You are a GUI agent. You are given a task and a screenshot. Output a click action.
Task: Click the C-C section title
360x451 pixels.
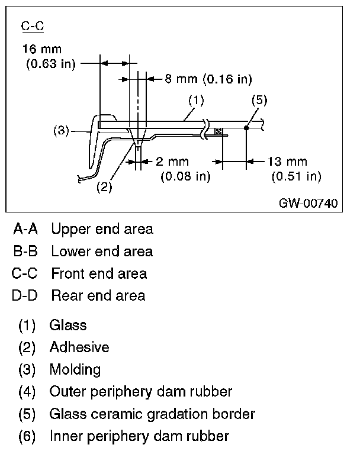click(x=33, y=27)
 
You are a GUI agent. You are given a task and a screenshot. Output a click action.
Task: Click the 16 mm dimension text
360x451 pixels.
click(x=41, y=49)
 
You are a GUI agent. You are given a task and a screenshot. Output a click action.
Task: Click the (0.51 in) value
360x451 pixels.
click(x=296, y=176)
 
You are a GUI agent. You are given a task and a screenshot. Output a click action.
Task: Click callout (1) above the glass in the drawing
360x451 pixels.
click(x=196, y=101)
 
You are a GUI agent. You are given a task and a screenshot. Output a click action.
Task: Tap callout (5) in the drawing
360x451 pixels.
click(x=259, y=101)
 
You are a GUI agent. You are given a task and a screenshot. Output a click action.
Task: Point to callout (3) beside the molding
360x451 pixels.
click(x=62, y=131)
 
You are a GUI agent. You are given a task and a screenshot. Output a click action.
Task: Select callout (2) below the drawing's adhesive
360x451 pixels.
click(x=104, y=187)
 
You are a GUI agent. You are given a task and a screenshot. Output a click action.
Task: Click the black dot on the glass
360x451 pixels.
click(x=246, y=127)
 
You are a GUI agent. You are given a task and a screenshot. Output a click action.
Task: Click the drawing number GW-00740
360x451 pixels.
click(x=308, y=204)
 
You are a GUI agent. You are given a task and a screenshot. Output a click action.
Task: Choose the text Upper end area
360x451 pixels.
click(x=102, y=229)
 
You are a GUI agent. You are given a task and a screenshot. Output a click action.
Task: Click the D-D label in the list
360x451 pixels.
click(x=25, y=295)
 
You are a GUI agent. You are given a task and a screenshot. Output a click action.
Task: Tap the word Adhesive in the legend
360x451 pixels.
click(x=79, y=347)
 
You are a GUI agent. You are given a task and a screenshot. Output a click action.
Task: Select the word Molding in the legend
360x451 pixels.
click(x=75, y=370)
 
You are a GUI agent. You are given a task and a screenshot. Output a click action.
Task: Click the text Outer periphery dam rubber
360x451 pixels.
click(x=141, y=392)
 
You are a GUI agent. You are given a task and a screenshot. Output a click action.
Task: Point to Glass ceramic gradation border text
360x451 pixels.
click(x=152, y=414)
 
